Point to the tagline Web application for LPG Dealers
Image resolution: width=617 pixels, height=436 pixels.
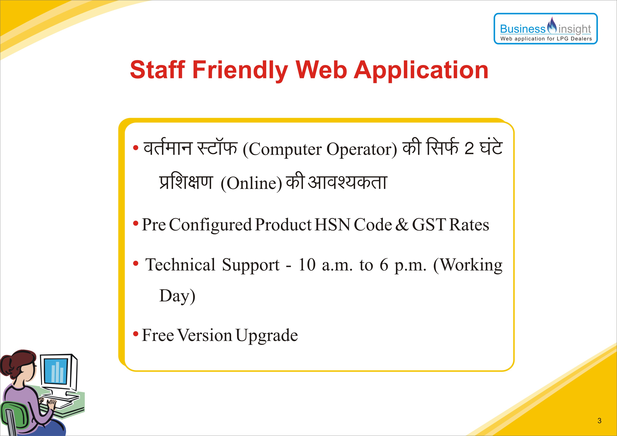pos(546,39)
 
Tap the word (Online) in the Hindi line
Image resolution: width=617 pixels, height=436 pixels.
pos(251,183)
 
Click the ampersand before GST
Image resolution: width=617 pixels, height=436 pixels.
pos(402,225)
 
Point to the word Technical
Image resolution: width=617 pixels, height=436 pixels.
pos(180,264)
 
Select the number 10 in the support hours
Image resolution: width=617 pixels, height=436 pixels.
pos(307,265)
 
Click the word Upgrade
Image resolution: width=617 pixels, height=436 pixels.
pos(267,336)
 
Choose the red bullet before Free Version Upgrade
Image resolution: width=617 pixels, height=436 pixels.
pos(136,334)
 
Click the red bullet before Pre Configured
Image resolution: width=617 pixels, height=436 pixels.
pos(136,223)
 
